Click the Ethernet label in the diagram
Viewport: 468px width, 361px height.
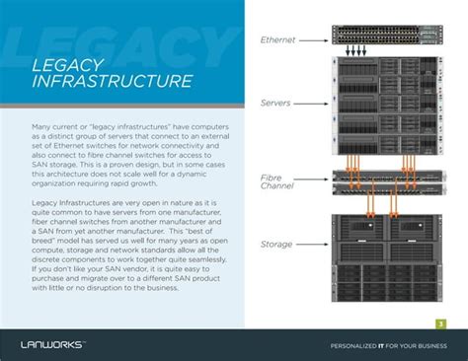(277, 40)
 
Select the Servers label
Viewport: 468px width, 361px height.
(275, 102)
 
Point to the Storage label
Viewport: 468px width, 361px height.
(275, 243)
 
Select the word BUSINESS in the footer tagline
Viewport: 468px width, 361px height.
(431, 345)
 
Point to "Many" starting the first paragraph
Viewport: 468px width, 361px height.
(41, 127)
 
